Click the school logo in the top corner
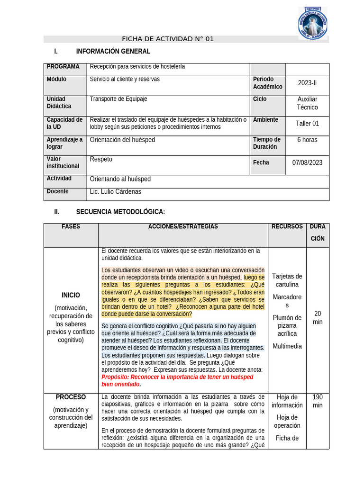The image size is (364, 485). [x=312, y=22]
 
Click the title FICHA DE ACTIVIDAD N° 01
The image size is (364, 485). [x=168, y=39]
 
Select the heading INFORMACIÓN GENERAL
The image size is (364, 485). [x=113, y=51]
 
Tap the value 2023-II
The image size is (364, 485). [x=307, y=83]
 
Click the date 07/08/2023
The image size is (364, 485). [x=307, y=162]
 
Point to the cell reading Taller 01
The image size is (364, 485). [x=307, y=123]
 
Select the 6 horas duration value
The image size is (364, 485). [x=307, y=140]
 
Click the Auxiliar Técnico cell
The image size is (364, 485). [x=307, y=103]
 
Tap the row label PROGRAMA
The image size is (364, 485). [x=63, y=67]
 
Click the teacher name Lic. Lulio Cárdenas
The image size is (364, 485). [x=116, y=192]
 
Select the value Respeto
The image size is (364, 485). [x=101, y=159]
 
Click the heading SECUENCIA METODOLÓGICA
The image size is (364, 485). [x=120, y=212]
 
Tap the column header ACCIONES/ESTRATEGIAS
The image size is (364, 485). [x=183, y=227]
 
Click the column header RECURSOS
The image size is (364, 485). [x=287, y=227]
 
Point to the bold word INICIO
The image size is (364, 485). [x=71, y=295]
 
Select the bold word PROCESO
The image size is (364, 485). [x=71, y=397]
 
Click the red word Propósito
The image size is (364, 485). [x=115, y=377]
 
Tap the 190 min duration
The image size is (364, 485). [x=318, y=401]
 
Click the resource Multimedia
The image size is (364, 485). [x=287, y=346]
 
